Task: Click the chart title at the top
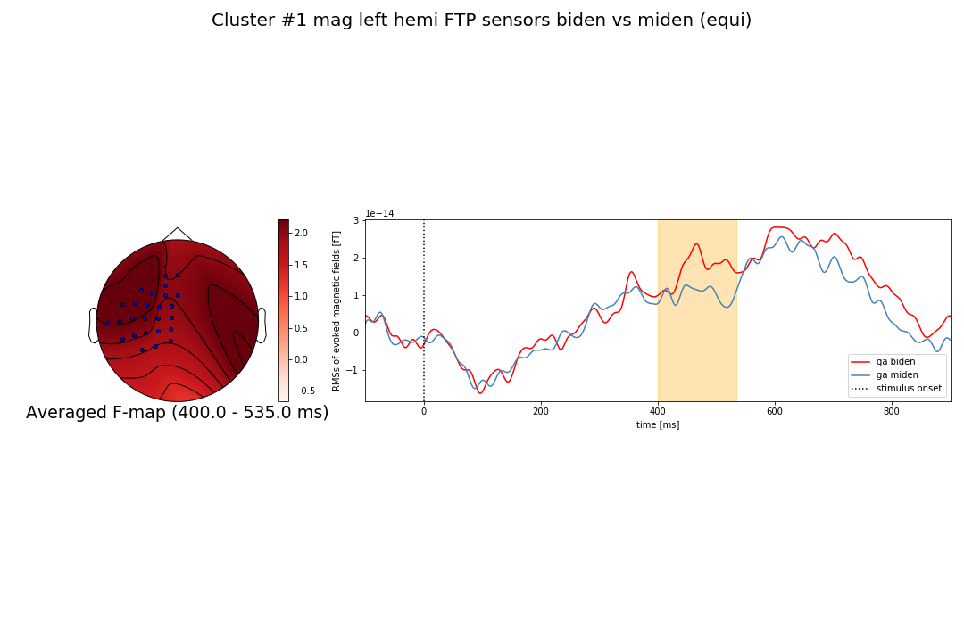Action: [x=481, y=21]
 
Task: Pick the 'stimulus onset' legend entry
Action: [x=908, y=389]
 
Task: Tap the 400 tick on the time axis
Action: [x=658, y=411]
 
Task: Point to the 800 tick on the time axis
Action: [x=892, y=411]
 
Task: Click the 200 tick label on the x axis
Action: [x=541, y=411]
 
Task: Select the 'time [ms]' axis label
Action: [x=657, y=425]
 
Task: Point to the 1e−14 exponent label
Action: [x=379, y=214]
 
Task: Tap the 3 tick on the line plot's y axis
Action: [x=355, y=220]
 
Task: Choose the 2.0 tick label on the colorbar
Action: [x=301, y=233]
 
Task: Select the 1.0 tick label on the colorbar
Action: [x=301, y=296]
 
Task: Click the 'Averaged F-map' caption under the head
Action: [x=177, y=413]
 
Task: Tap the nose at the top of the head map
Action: [x=178, y=234]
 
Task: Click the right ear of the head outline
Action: [x=262, y=325]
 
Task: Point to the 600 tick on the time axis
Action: [x=775, y=411]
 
